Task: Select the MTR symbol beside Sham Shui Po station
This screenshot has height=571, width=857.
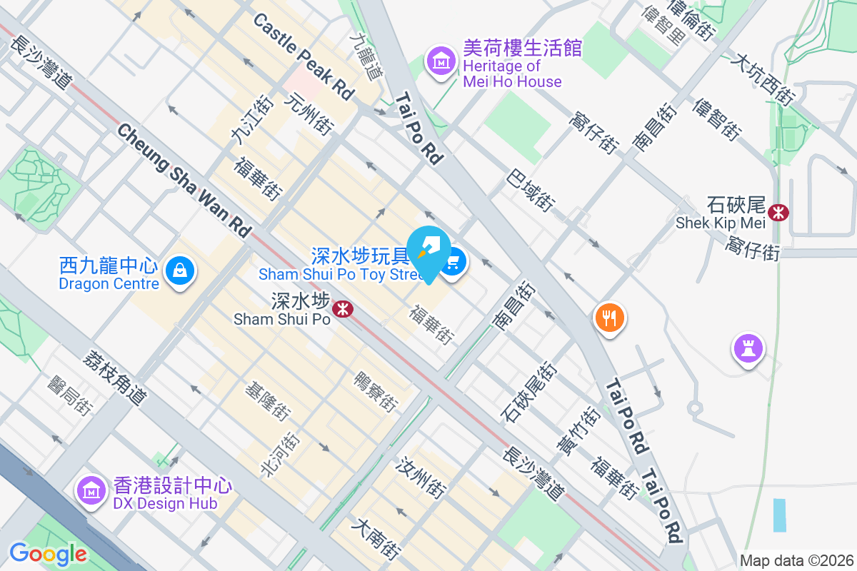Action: pos(344,308)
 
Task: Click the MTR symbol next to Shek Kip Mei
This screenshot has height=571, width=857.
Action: pos(778,212)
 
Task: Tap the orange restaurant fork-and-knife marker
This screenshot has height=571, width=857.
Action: pos(609,316)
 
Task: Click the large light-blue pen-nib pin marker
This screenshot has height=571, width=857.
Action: pos(428,251)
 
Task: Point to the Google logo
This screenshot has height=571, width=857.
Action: pos(48,554)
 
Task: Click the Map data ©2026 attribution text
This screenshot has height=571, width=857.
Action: pos(796,560)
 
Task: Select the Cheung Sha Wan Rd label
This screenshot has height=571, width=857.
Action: pos(184,181)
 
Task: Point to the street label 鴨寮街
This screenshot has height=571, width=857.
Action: pos(376,392)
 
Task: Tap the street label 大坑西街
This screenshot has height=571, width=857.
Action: pos(761,79)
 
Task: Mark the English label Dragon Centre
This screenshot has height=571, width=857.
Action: pos(109,284)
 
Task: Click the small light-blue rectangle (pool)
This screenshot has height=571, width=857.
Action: pos(779,515)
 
